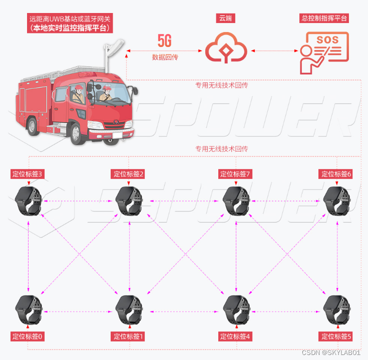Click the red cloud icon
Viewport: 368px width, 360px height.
point(226,48)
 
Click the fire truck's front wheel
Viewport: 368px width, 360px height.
point(97,131)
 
